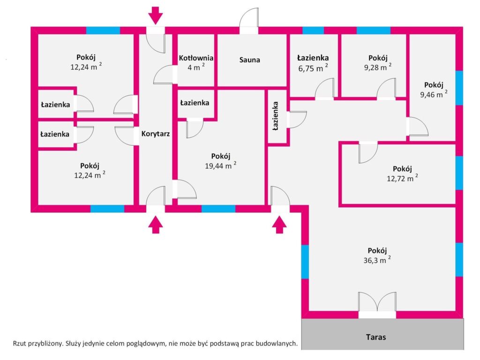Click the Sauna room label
tap(249, 60)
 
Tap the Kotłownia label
tap(196, 58)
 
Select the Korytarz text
tap(156, 134)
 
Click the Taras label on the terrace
tap(376, 337)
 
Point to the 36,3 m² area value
tap(377, 260)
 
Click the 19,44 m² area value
tap(220, 165)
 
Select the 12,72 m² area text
tap(402, 178)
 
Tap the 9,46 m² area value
tap(434, 94)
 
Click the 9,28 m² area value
tap(378, 67)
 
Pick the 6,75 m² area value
tap(313, 68)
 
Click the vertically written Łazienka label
tap(276, 116)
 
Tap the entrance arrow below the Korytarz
tap(156, 225)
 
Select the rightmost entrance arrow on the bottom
tap(279, 225)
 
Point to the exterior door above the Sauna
tap(249, 21)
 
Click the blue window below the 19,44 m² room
tap(218, 209)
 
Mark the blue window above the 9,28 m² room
tap(374, 30)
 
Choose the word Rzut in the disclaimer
tap(19, 344)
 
